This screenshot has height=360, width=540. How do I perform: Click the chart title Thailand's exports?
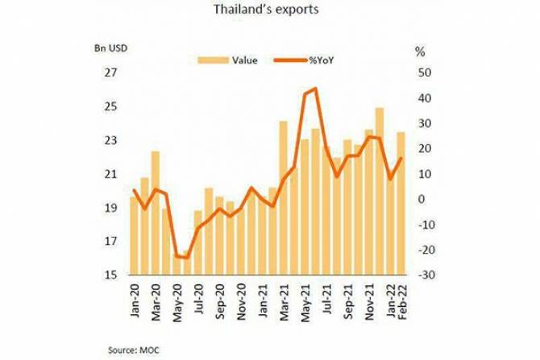coord(270,11)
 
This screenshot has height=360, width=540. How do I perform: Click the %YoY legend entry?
coord(331,59)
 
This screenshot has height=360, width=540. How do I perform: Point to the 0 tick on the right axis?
coord(421,199)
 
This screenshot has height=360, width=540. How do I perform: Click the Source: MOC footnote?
coord(133,349)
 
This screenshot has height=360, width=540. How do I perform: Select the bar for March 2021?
coord(283,197)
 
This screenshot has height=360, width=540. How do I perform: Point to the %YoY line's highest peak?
coord(314,89)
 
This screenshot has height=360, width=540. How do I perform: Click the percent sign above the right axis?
coord(419,52)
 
